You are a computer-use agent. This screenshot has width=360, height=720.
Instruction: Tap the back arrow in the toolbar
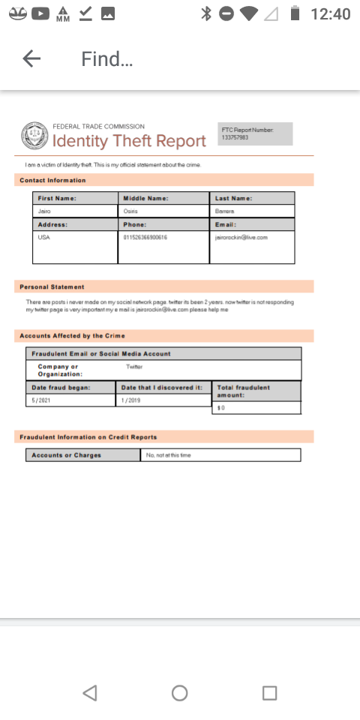[x=31, y=59]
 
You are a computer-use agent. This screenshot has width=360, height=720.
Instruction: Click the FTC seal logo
[x=33, y=136]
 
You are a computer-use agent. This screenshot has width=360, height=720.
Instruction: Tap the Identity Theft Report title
[x=129, y=141]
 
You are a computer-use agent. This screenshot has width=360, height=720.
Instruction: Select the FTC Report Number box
[x=255, y=133]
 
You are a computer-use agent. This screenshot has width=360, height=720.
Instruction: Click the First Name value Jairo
[x=44, y=211]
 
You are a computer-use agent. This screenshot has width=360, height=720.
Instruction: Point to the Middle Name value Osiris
[x=130, y=211]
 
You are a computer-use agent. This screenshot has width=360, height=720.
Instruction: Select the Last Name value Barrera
[x=224, y=211]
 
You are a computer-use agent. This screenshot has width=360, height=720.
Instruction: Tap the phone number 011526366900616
[x=145, y=237]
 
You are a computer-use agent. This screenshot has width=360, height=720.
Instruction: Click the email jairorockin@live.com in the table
[x=241, y=237]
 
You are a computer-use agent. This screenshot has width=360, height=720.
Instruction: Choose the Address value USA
[x=43, y=237]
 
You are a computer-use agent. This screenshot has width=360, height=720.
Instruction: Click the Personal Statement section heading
[x=52, y=286]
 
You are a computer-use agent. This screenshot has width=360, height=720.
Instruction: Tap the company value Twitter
[x=135, y=367]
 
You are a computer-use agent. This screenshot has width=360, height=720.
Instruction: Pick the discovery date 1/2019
[x=132, y=400]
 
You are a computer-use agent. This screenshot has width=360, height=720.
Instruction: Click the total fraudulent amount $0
[x=220, y=407]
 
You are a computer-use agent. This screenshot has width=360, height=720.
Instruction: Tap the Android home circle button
[x=180, y=693]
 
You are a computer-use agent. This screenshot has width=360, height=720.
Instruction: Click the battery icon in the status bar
[x=295, y=14]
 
